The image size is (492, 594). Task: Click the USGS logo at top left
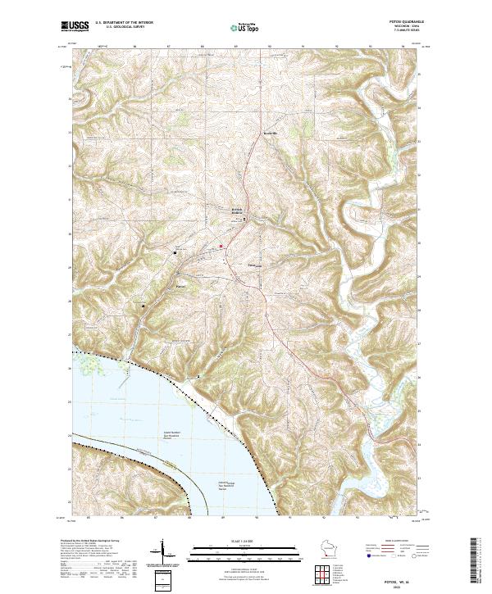click(75, 27)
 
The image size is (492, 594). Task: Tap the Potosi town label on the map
click(182, 286)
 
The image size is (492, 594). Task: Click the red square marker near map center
click(221, 247)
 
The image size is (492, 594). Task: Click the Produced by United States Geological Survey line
click(90, 542)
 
